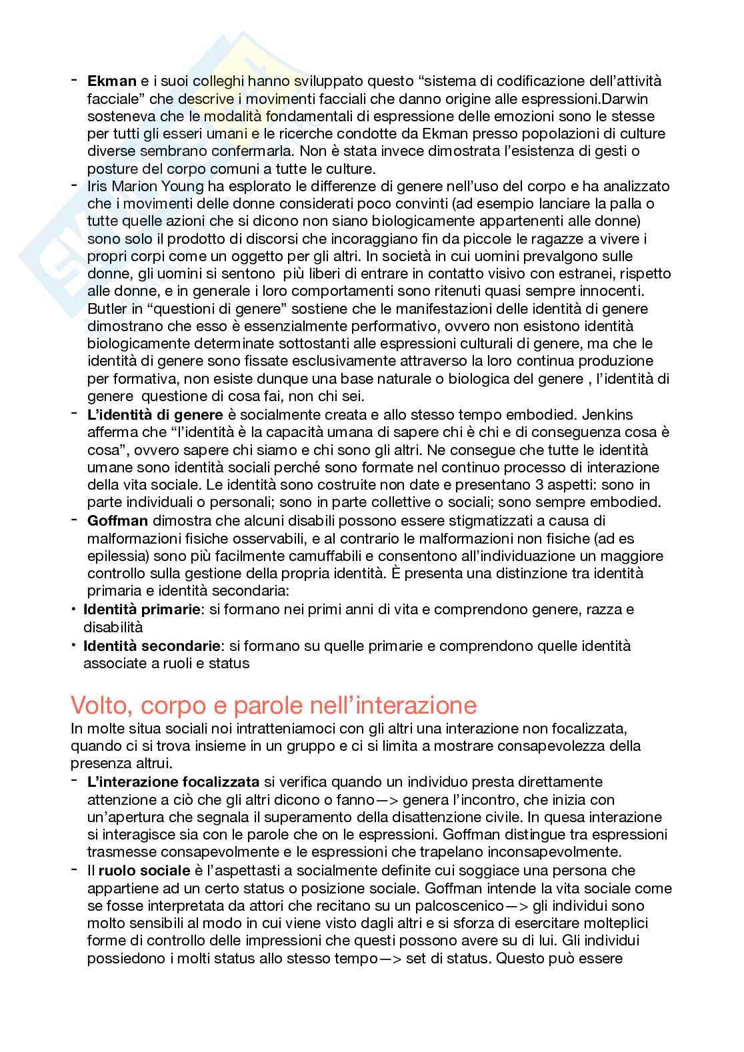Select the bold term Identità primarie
click(141, 609)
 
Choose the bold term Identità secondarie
click(151, 646)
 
